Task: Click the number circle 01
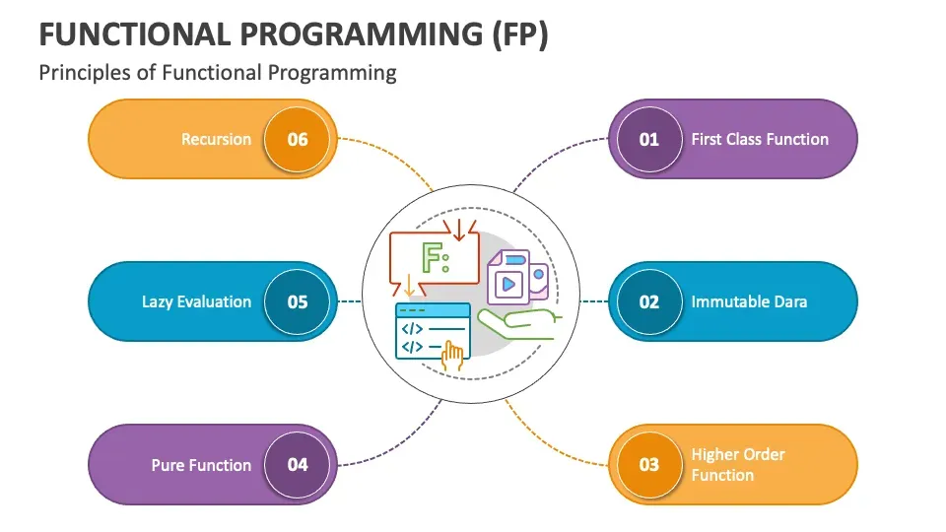(648, 139)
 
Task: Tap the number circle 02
(648, 301)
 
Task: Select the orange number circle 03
(648, 464)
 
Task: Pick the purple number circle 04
(298, 464)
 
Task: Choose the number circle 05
(298, 301)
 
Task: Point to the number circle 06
(298, 139)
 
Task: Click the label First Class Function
(760, 139)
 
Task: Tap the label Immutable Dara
(749, 301)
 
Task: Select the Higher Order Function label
(738, 464)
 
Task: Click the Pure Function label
(201, 465)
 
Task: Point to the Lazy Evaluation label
(196, 302)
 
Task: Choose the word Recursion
(216, 139)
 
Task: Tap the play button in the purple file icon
(508, 284)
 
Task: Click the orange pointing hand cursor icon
(453, 356)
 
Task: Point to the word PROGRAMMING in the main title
(338, 33)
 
